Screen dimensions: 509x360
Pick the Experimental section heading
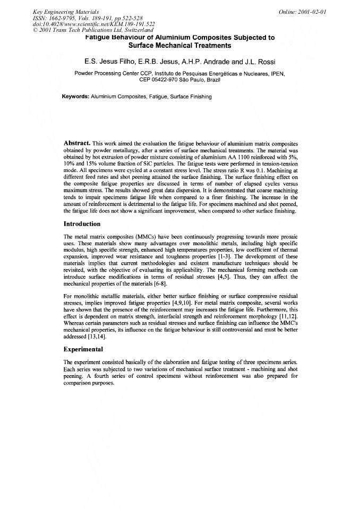click(x=83, y=350)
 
